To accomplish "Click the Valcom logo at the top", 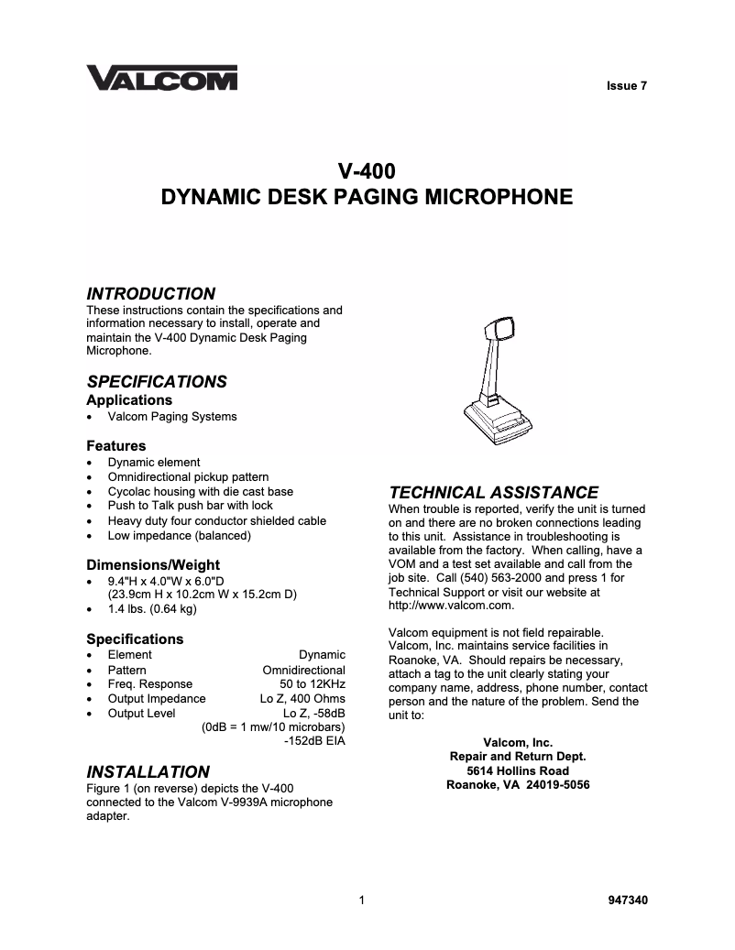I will pyautogui.click(x=161, y=79).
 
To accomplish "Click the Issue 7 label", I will pyautogui.click(x=627, y=86).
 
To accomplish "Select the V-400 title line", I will pyautogui.click(x=367, y=170).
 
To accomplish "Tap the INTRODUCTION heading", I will pyautogui.click(x=150, y=294).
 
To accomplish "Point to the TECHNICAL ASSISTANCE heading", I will pyautogui.click(x=493, y=493).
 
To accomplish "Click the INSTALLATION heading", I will pyautogui.click(x=148, y=772).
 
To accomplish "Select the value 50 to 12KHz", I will pyautogui.click(x=312, y=684).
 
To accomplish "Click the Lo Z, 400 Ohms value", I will pyautogui.click(x=302, y=699).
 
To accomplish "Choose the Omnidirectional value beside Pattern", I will pyautogui.click(x=303, y=670).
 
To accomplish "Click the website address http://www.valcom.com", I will pyautogui.click(x=451, y=606).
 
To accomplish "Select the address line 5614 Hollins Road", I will pyautogui.click(x=518, y=771).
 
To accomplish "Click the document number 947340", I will pyautogui.click(x=628, y=901).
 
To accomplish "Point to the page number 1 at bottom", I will pyautogui.click(x=363, y=901).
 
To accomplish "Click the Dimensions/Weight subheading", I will pyautogui.click(x=153, y=565).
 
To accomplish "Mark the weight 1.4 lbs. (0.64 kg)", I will pyautogui.click(x=152, y=609).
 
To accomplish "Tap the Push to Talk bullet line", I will pyautogui.click(x=190, y=506).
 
